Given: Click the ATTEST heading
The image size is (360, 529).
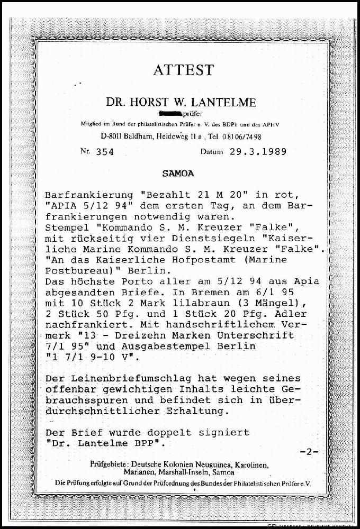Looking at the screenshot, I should pyautogui.click(x=183, y=70).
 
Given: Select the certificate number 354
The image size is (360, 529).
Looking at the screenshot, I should pyautogui.click(x=105, y=152).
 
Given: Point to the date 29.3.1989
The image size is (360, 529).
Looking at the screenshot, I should pyautogui.click(x=258, y=152).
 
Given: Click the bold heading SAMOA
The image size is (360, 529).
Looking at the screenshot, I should pyautogui.click(x=178, y=174).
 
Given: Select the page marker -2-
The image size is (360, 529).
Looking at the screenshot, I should pyautogui.click(x=309, y=451).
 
